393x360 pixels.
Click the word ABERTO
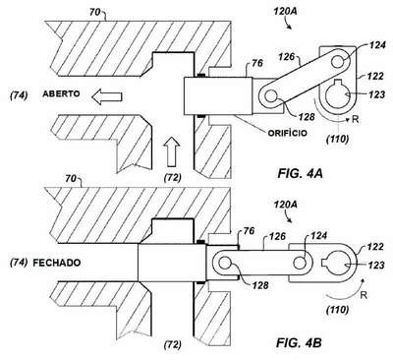[61, 93]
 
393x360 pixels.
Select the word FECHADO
[57, 263]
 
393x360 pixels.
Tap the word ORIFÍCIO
[288, 133]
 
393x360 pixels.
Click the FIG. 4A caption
[300, 173]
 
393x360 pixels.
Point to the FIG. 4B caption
[299, 343]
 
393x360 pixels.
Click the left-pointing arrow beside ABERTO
[107, 97]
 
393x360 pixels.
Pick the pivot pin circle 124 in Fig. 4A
[337, 61]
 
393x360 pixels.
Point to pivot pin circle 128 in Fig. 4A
[271, 96]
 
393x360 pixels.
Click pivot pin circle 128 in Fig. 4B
[224, 264]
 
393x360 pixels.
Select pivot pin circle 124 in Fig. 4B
[300, 264]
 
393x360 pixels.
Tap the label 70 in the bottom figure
[71, 179]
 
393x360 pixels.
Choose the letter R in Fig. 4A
[356, 119]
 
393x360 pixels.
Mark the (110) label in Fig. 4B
[337, 309]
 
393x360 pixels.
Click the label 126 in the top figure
[287, 57]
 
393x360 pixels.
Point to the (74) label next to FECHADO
[19, 263]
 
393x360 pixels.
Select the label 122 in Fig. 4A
[374, 76]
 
